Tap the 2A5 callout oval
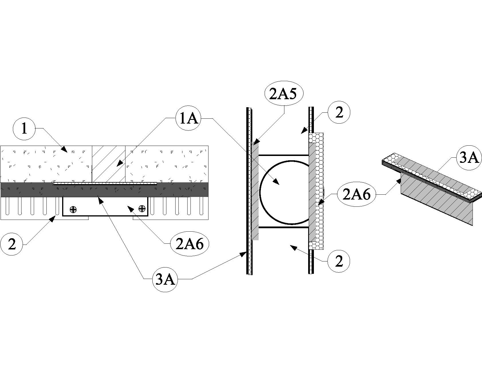click(x=284, y=95)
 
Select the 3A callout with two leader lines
click(x=165, y=280)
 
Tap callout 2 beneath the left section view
click(x=12, y=245)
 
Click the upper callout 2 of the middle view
click(x=339, y=113)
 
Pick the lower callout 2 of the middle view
click(x=339, y=261)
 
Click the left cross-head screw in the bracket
click(x=73, y=210)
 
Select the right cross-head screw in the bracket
click(x=141, y=209)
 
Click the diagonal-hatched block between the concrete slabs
click(x=109, y=164)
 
